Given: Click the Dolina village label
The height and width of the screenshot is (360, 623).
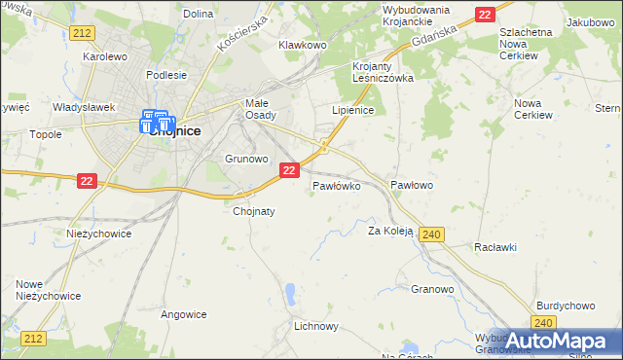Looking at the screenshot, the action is [x=198, y=14].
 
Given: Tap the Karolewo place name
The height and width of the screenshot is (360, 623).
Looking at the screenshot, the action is [x=105, y=56].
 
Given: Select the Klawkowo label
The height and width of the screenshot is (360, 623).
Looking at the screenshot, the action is [x=302, y=45].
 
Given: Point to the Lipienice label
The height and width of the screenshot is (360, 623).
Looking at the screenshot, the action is [x=353, y=111].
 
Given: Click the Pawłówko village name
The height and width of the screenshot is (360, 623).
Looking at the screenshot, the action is [x=337, y=184].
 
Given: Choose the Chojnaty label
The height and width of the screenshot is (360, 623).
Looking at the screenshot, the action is [x=254, y=211].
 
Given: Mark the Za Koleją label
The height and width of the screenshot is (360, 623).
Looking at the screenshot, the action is [x=390, y=232].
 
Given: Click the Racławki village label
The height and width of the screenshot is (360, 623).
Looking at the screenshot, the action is [x=495, y=247].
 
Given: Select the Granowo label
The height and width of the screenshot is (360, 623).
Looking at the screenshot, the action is [x=432, y=289].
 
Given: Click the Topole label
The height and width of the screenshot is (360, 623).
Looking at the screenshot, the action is [x=46, y=135].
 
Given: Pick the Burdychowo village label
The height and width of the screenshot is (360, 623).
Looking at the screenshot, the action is [x=564, y=305].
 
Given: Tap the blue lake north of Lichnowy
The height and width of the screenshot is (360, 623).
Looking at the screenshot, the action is [x=290, y=293].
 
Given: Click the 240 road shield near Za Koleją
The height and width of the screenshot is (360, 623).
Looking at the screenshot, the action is [x=433, y=234].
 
